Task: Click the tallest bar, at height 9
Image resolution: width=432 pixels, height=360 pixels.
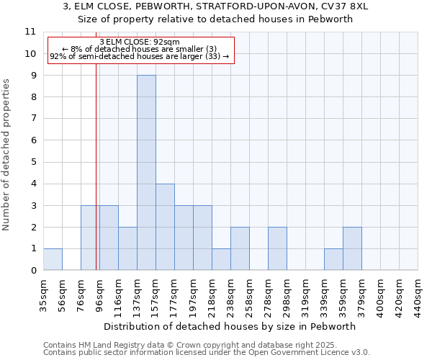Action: (146, 173)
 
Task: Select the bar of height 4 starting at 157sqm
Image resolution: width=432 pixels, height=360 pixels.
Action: (165, 227)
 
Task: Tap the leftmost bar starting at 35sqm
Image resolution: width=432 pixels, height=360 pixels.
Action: (53, 259)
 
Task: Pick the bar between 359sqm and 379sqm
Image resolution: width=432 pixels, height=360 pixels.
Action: (352, 248)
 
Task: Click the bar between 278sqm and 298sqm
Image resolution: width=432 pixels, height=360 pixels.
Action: (277, 248)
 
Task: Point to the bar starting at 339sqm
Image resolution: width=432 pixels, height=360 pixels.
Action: (333, 259)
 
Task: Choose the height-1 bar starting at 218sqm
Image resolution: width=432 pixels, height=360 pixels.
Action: (221, 259)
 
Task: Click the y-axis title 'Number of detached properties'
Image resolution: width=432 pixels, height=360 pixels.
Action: (6, 155)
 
